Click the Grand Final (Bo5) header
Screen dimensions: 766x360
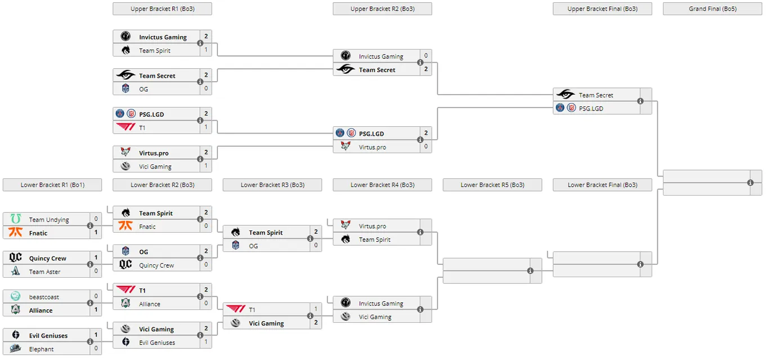tap(712, 9)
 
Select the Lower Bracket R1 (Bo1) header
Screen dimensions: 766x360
tap(52, 185)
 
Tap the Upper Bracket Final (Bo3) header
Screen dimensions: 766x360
tap(602, 9)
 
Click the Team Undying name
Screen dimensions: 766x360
tap(49, 220)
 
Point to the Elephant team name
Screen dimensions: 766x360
tap(41, 349)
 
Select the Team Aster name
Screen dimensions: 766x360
tap(44, 272)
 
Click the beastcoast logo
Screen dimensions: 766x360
tap(15, 296)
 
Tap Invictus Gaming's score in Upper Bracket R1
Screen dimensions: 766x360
tap(206, 36)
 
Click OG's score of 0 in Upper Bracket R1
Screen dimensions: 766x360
tap(206, 88)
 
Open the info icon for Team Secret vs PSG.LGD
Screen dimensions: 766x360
tap(640, 101)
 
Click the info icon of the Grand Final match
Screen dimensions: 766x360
tap(750, 183)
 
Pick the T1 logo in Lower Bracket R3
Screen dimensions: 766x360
tap(235, 309)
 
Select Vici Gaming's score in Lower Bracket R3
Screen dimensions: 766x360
tap(315, 322)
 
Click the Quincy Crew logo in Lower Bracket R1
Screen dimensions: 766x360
tap(15, 257)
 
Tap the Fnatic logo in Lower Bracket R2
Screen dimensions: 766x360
tap(126, 225)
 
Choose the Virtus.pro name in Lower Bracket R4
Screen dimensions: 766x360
tap(372, 226)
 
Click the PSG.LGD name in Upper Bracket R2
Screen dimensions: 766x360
tap(371, 134)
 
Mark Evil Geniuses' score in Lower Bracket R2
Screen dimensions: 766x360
tap(206, 341)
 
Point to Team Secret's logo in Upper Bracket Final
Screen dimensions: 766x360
tap(565, 94)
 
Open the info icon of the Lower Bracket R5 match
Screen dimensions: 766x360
tap(530, 270)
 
